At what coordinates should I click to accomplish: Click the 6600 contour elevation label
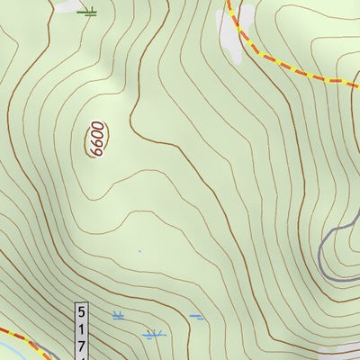coord(96,140)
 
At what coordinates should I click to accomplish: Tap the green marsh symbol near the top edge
coord(86,12)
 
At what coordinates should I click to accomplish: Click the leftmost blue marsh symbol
coord(118,315)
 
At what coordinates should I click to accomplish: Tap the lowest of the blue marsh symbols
coord(154,335)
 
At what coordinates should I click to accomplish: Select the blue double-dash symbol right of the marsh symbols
coord(196,317)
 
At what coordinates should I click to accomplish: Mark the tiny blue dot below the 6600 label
coord(139,251)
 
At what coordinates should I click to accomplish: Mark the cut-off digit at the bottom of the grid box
coord(83,356)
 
